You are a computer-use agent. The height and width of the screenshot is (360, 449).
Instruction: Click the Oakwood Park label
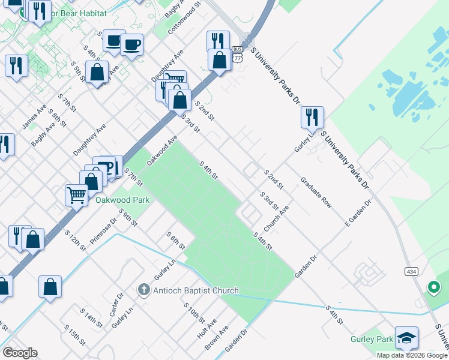click(122, 200)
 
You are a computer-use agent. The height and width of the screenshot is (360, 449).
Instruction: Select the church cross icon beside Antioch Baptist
click(143, 290)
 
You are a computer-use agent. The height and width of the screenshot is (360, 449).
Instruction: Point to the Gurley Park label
click(372, 340)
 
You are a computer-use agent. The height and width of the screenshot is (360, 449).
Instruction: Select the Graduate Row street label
click(316, 192)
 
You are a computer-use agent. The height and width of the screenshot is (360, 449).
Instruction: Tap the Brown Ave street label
click(217, 338)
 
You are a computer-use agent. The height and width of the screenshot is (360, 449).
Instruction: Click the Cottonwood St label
click(188, 21)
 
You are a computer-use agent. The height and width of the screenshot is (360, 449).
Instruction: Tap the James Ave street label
click(34, 117)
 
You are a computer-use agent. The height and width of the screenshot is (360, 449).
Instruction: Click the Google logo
click(20, 353)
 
